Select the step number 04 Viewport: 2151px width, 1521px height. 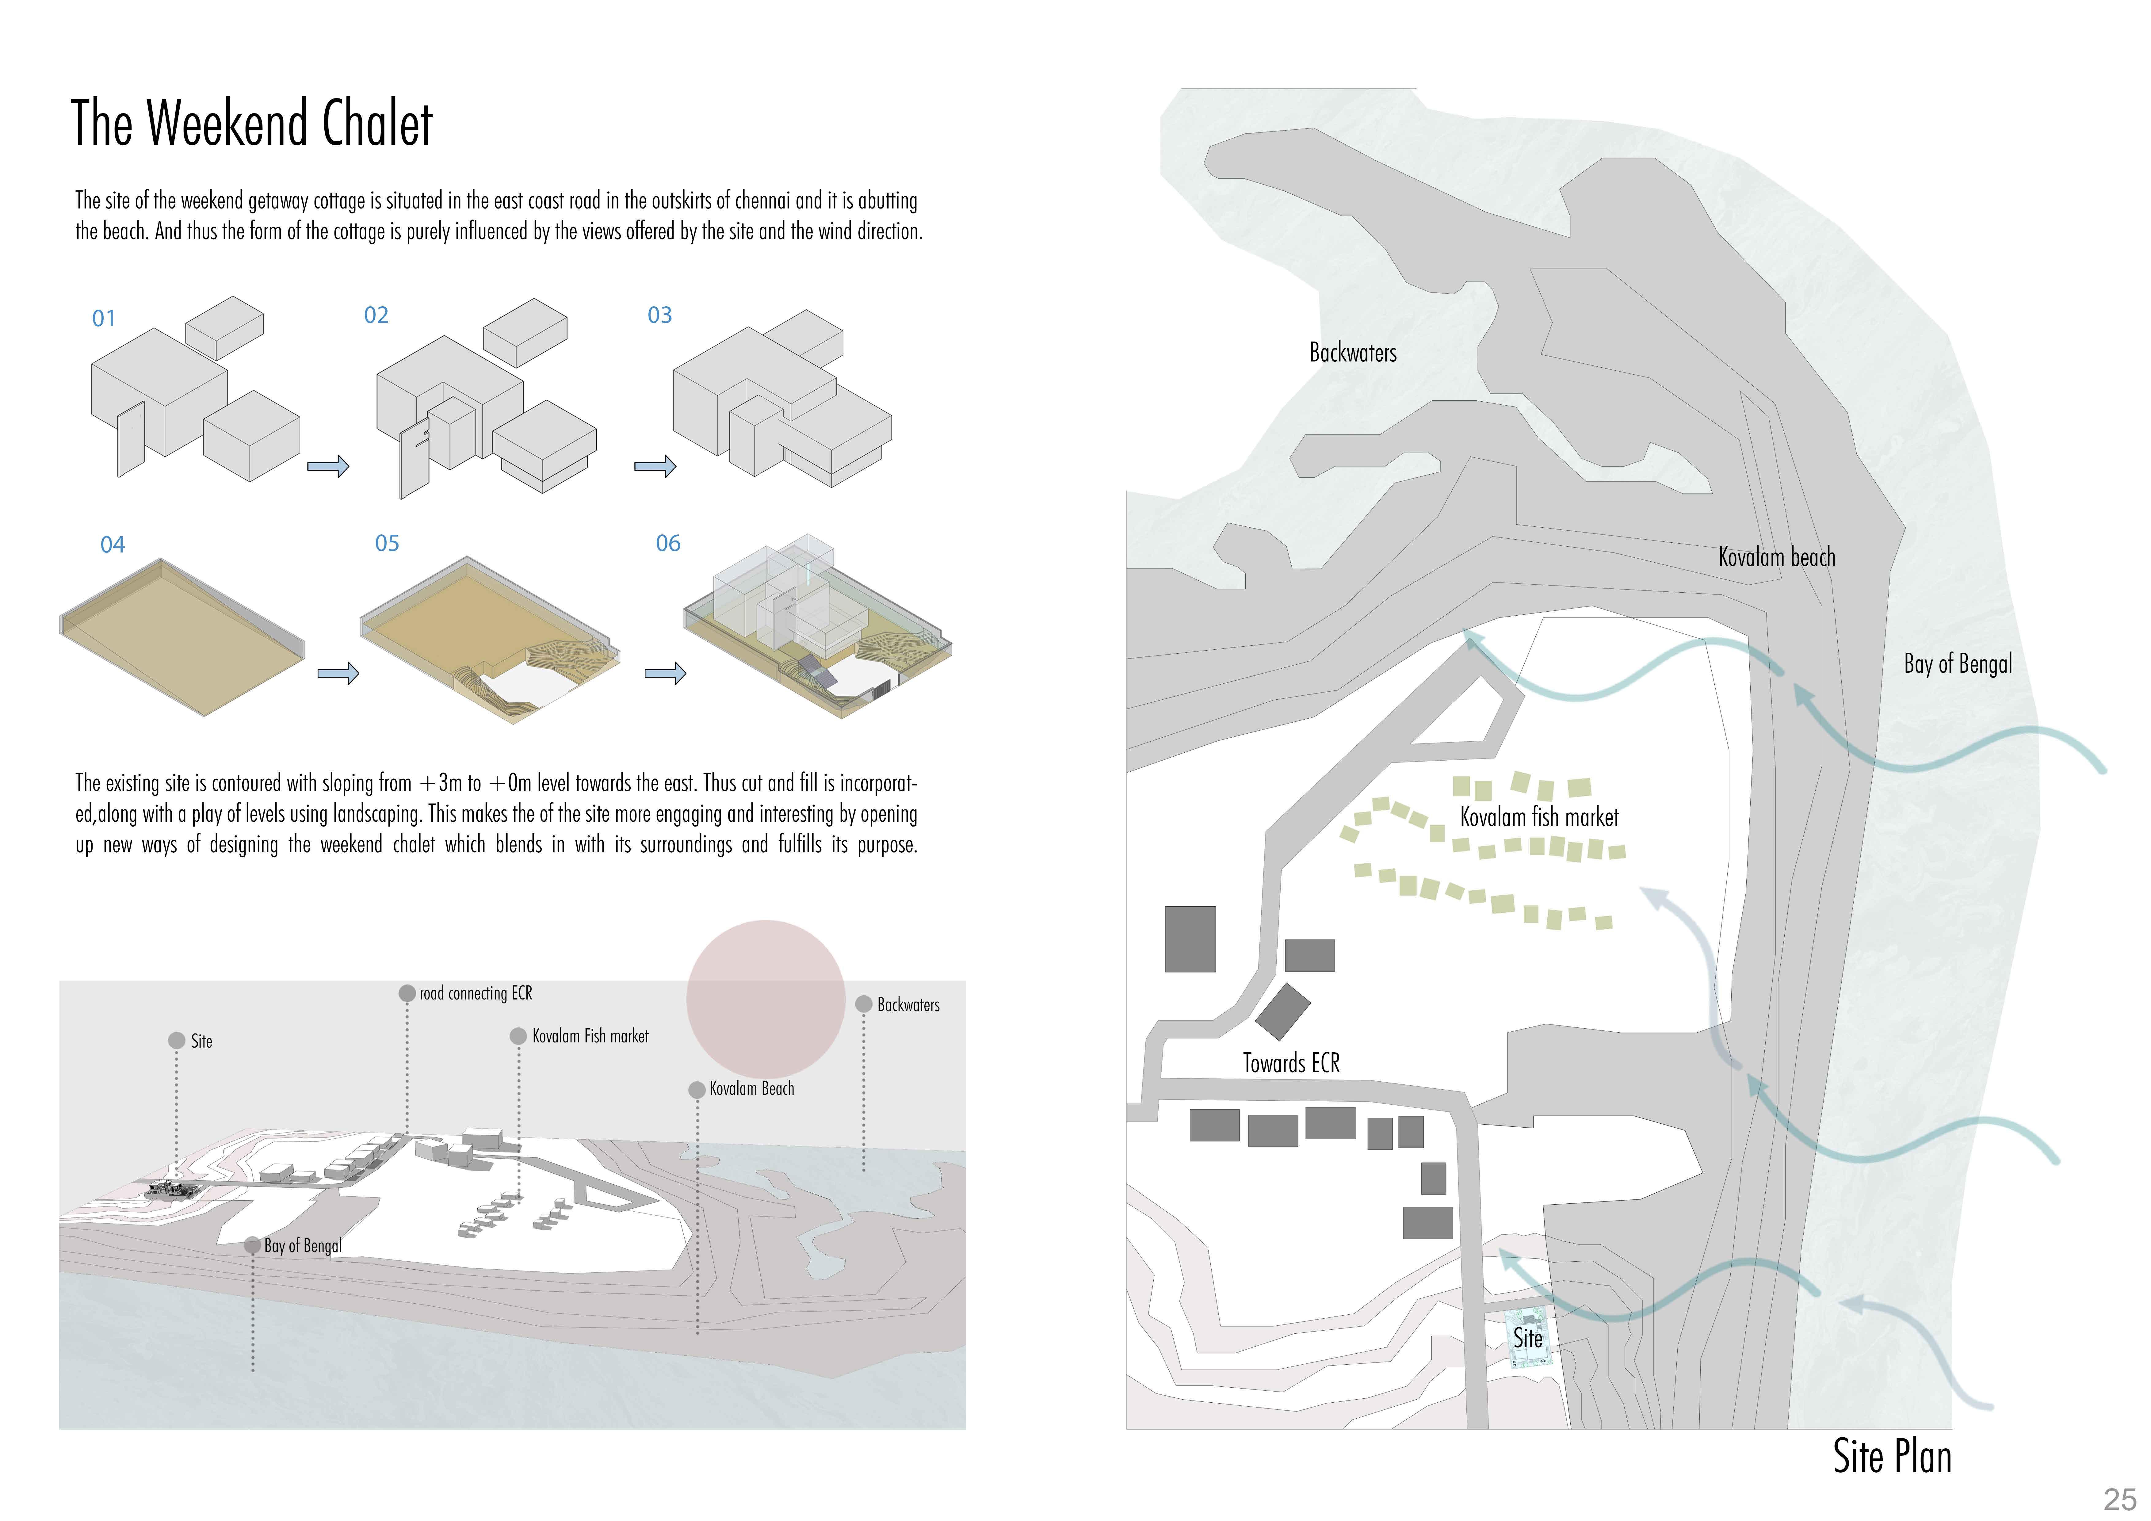113,545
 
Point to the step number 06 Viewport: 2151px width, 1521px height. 668,544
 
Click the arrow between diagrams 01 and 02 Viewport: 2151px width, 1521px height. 328,466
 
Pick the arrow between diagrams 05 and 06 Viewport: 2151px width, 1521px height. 665,673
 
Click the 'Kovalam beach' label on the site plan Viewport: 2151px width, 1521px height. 1776,558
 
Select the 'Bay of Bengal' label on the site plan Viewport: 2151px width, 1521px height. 1957,664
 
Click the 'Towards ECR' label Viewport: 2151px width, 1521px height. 1291,1063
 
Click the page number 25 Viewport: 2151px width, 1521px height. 2119,1500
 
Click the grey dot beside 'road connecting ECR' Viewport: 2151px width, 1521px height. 407,993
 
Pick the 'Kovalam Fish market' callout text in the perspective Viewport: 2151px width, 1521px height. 590,1037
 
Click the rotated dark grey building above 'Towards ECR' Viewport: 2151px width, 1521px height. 1282,1011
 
